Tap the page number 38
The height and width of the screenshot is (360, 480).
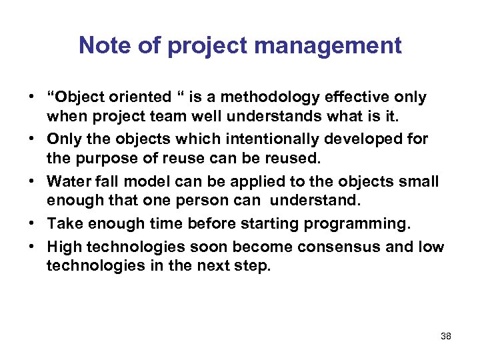point(446,336)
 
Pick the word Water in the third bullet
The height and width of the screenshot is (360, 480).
point(67,182)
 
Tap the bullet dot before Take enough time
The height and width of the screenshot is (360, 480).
point(32,223)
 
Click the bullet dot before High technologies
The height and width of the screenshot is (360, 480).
point(32,246)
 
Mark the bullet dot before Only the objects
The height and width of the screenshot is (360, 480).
point(32,139)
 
